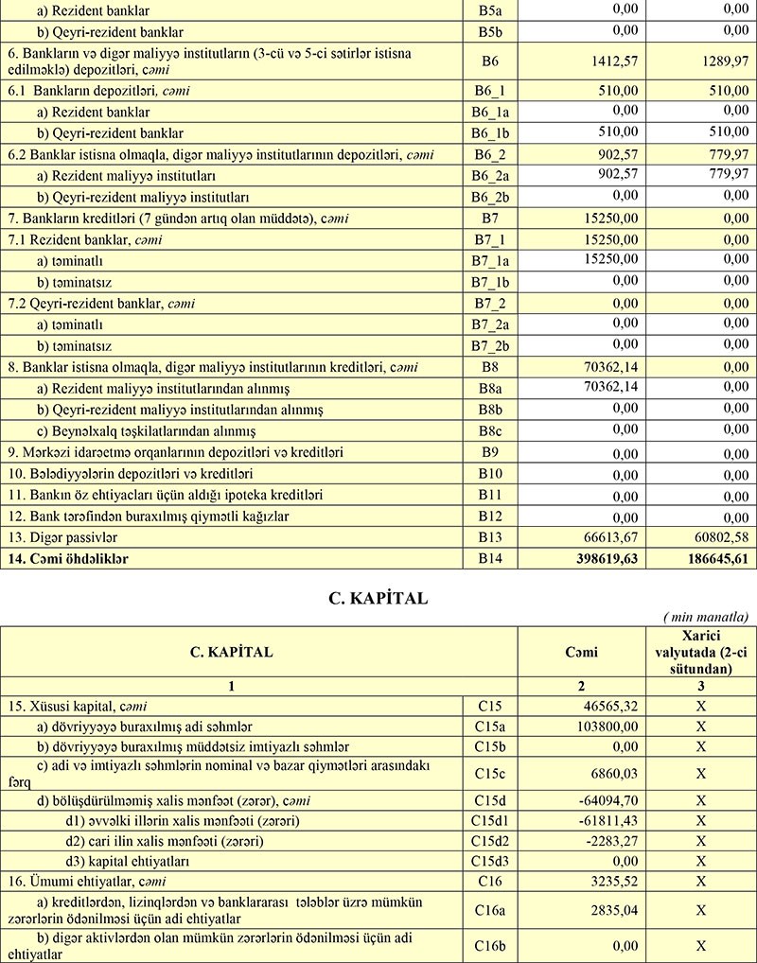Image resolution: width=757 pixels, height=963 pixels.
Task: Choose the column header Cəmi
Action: [579, 652]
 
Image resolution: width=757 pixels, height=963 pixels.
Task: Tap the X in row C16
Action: [701, 882]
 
